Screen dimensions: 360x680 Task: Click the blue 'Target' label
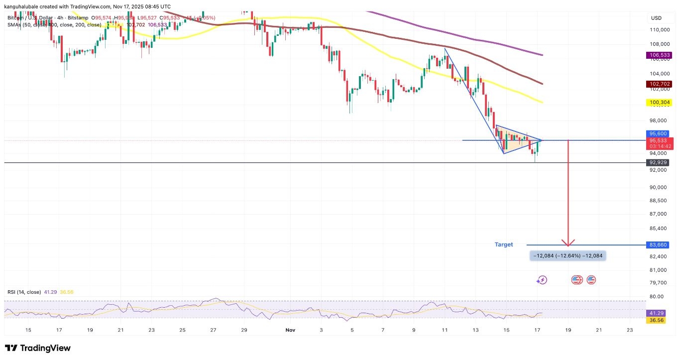[503, 244]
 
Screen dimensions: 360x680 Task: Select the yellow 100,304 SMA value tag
[660, 103]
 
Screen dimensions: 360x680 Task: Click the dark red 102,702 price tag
[660, 84]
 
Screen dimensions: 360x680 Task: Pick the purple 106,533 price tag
[660, 55]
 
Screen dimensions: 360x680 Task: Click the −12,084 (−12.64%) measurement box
[568, 256]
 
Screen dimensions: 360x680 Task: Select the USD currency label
[656, 18]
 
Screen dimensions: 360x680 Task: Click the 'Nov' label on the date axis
[289, 330]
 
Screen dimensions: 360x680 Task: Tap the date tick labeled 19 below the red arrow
[568, 330]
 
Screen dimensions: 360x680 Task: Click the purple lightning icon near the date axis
[542, 280]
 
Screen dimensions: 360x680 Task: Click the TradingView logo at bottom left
[38, 348]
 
